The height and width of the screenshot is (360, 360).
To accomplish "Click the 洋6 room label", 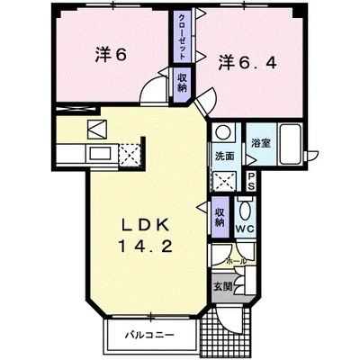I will tap(111, 54).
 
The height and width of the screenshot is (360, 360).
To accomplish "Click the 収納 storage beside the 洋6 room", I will tap(181, 84).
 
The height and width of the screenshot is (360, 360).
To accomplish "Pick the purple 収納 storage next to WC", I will tap(220, 217).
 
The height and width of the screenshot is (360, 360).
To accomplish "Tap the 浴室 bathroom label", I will tap(262, 143).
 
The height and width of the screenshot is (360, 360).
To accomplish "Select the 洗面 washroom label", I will tap(224, 156).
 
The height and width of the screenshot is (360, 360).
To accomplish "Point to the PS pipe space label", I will tap(251, 179).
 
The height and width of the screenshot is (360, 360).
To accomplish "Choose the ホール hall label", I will tap(236, 260).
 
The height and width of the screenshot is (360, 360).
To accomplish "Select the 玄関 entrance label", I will tap(222, 287).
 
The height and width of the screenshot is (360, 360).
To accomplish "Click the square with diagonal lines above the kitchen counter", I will tap(98, 128).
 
